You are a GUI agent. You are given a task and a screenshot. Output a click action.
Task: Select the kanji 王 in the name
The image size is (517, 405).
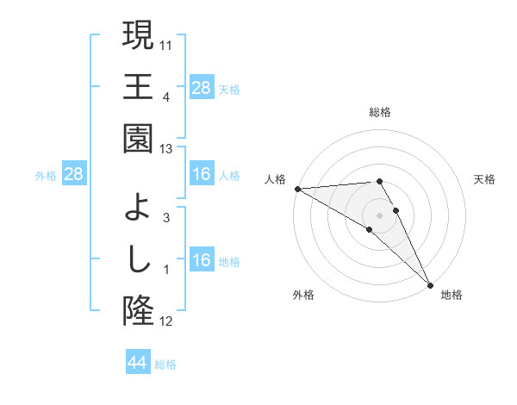click(x=138, y=86)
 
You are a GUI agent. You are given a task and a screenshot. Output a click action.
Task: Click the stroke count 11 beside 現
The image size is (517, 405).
click(x=167, y=42)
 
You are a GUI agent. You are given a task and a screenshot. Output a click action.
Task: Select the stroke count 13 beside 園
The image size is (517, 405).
click(x=167, y=150)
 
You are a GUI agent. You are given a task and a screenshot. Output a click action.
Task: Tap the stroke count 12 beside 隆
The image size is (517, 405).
click(x=167, y=322)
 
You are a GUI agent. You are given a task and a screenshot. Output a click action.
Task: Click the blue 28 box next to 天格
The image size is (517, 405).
click(x=202, y=88)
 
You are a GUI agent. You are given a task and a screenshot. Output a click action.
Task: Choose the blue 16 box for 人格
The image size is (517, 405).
click(x=202, y=175)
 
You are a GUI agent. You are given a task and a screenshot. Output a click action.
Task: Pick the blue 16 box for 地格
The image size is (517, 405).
click(x=202, y=261)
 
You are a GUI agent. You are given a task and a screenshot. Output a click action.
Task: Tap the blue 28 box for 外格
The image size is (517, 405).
click(x=74, y=175)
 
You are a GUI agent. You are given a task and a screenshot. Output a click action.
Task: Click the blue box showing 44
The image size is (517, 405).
click(x=137, y=363)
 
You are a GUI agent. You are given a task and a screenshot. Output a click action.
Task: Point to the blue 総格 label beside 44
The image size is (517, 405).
click(x=165, y=364)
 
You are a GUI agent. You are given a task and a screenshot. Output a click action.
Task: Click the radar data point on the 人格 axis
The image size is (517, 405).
click(x=296, y=189)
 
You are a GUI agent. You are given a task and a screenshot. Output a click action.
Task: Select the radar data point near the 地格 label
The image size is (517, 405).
click(x=430, y=285)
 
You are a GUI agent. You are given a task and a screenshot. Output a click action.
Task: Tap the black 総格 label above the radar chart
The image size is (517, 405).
click(x=380, y=113)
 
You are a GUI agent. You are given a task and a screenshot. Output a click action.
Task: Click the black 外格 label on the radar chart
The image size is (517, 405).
click(x=303, y=296)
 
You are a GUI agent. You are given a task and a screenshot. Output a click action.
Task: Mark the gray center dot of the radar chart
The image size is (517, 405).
click(x=379, y=214)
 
